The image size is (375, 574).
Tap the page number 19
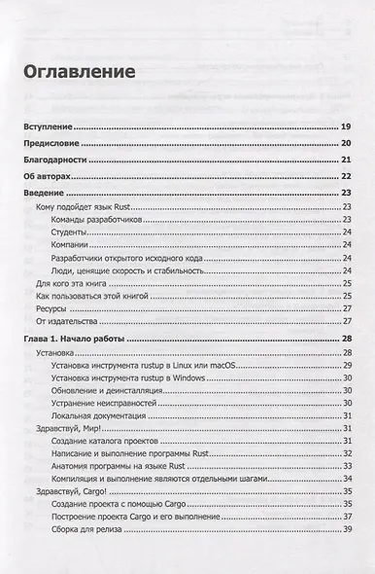pyautogui.click(x=345, y=128)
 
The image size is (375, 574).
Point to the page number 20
pyautogui.click(x=345, y=144)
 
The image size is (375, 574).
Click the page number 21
pyautogui.click(x=345, y=161)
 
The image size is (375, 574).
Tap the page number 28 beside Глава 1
pyautogui.click(x=345, y=338)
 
